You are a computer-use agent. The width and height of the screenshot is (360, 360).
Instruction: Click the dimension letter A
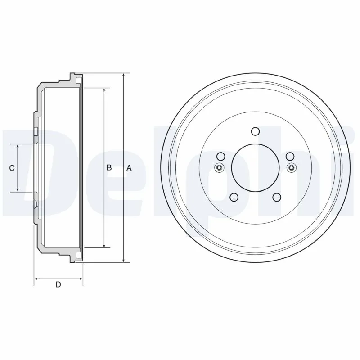coord(129,168)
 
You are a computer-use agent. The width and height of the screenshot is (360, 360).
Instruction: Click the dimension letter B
coord(109,168)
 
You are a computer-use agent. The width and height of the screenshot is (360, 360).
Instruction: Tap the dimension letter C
coord(13,168)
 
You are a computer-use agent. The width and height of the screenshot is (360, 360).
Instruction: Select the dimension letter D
coord(58,284)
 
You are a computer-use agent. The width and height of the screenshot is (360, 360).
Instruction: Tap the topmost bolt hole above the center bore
coord(255,131)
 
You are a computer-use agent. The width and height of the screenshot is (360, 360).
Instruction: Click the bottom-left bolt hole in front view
coord(234,197)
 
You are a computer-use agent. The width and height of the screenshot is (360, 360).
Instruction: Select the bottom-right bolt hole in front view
coord(277,197)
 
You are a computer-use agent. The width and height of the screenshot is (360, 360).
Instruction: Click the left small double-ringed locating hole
coord(220,168)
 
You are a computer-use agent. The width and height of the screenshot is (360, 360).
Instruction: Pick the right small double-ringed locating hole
coord(291,168)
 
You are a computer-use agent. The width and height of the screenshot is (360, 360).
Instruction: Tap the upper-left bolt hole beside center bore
coord(220,156)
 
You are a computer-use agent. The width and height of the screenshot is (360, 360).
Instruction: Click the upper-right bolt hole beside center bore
coord(290,156)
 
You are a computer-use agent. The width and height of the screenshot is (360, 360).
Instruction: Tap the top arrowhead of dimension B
coord(104,90)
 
